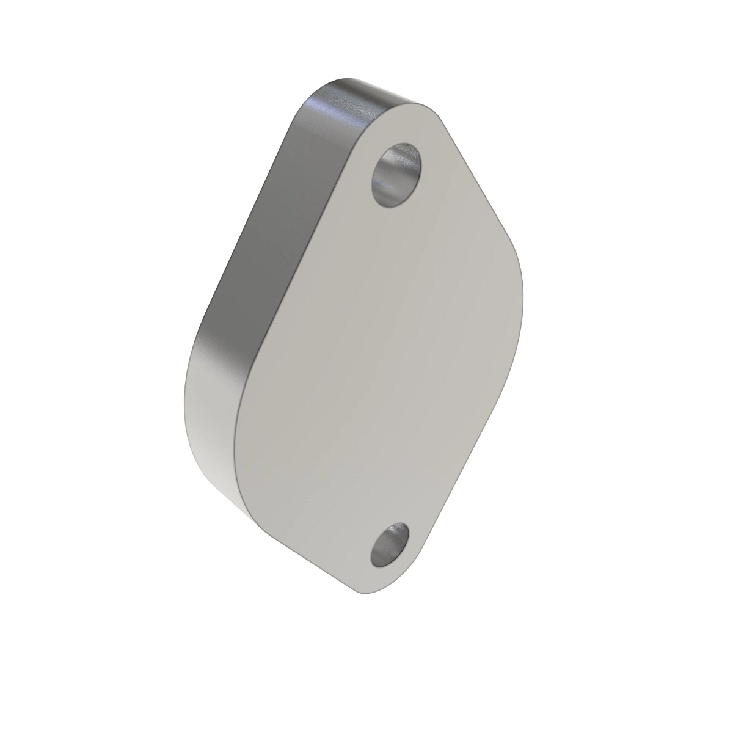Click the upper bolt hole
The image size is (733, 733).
(x=397, y=175)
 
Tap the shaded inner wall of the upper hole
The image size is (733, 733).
(x=386, y=177)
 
